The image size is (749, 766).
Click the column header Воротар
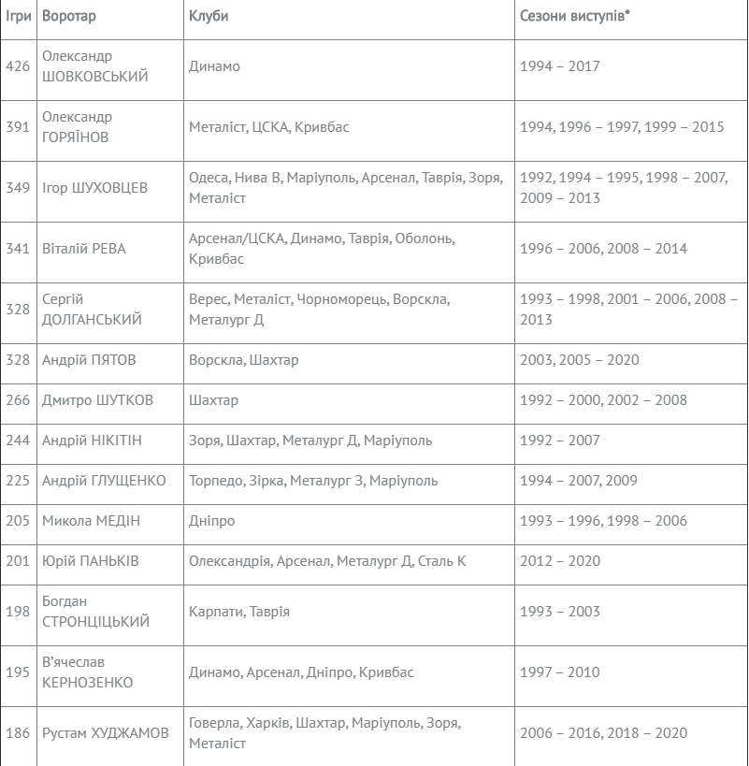(x=69, y=17)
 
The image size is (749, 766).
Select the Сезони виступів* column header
(x=575, y=17)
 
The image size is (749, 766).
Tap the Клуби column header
(x=209, y=17)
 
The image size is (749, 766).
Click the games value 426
(x=18, y=66)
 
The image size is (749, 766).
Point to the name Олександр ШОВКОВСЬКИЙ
(x=95, y=66)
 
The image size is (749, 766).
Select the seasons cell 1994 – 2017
(x=560, y=66)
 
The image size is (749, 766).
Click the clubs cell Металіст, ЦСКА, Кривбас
(x=269, y=127)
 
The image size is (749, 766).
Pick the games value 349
(x=18, y=188)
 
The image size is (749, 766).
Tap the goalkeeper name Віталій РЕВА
(x=84, y=249)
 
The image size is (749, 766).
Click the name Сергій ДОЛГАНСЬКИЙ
(x=93, y=309)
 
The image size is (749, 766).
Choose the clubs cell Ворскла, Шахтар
(x=244, y=360)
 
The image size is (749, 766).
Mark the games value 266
(x=18, y=400)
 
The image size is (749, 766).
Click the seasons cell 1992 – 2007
(x=560, y=441)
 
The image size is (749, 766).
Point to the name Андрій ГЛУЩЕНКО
(x=104, y=481)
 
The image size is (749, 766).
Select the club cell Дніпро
(x=212, y=521)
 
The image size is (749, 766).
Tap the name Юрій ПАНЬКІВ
(x=91, y=561)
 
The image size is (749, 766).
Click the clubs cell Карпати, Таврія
(x=239, y=612)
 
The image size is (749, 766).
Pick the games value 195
(x=18, y=672)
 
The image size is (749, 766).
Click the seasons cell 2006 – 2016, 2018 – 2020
(x=603, y=733)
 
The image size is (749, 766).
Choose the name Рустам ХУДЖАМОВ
(x=106, y=733)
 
